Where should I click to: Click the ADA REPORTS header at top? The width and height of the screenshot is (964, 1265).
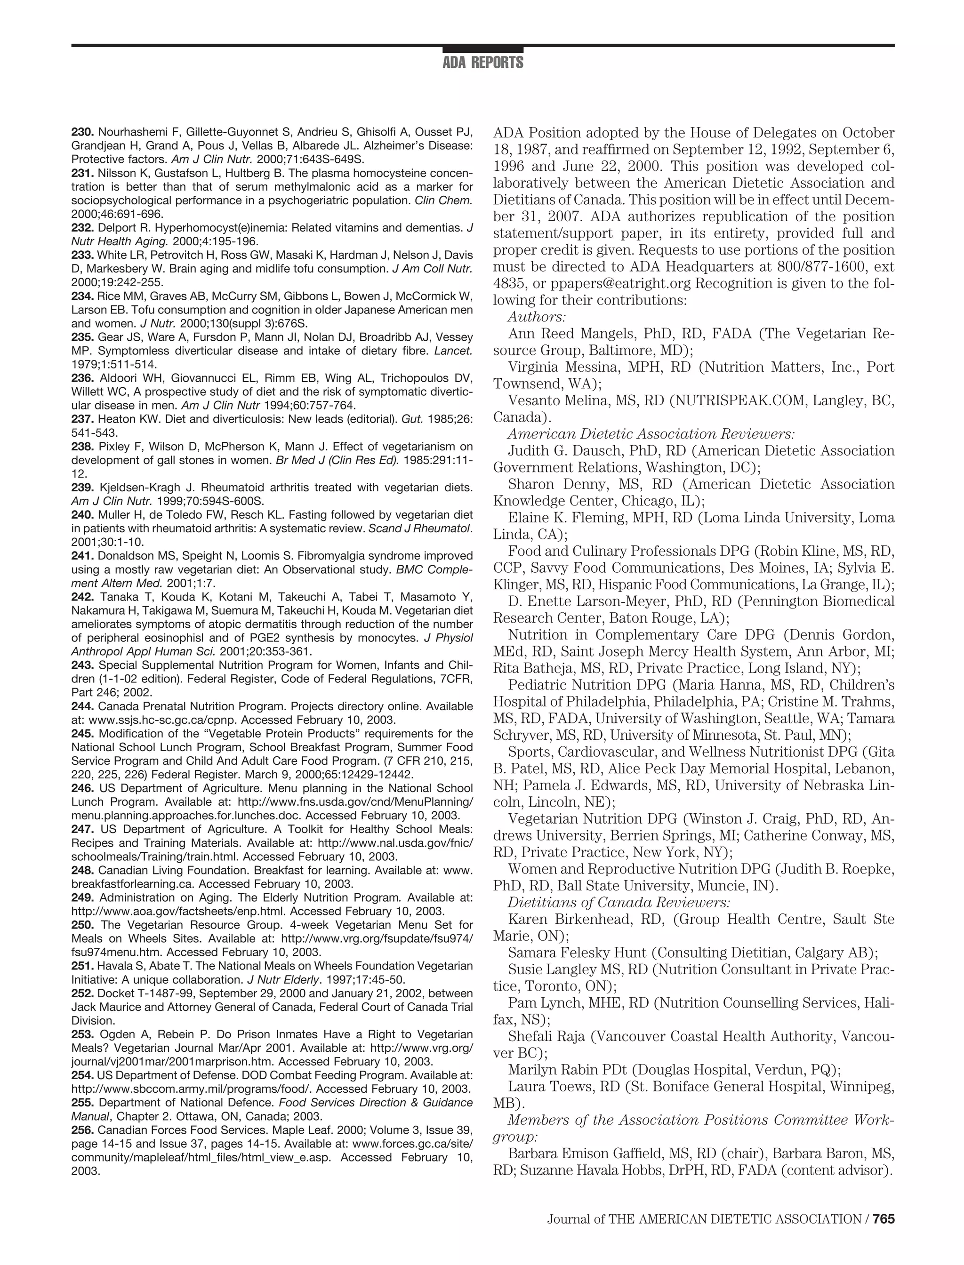(x=482, y=63)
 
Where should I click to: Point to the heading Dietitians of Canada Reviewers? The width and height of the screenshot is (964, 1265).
(x=619, y=903)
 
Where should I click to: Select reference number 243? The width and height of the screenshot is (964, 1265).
(x=82, y=665)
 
